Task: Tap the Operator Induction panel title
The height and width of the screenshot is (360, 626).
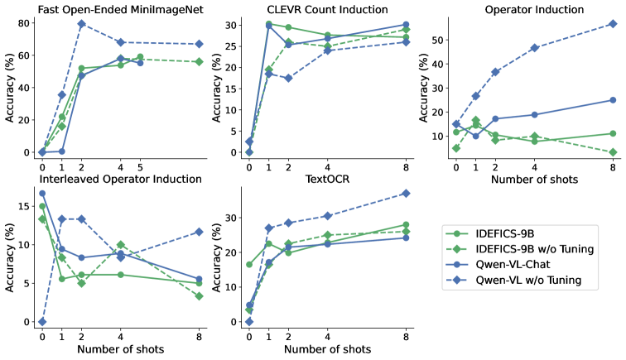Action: tap(534, 9)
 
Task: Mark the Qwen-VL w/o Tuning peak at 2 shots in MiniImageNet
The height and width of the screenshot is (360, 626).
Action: tap(81, 24)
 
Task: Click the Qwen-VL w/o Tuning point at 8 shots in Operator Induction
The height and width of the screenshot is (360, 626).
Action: tap(613, 24)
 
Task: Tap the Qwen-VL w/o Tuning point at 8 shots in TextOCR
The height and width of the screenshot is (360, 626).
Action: tap(406, 193)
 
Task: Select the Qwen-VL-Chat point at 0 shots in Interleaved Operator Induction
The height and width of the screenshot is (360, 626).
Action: tap(42, 193)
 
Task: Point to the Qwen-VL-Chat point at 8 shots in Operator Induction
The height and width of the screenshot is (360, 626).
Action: tap(613, 100)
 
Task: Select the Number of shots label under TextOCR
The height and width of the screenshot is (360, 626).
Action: tap(328, 349)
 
